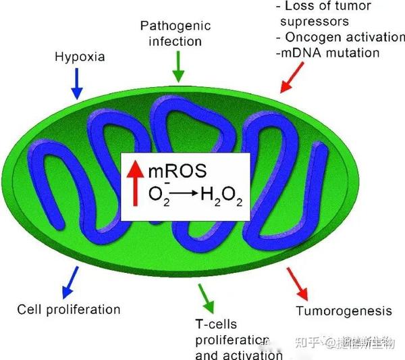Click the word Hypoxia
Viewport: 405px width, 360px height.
pos(80,57)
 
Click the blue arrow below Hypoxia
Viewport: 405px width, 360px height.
pos(77,84)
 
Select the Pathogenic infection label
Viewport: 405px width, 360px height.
pos(175,33)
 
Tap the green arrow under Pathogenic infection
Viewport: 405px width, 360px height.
pos(178,67)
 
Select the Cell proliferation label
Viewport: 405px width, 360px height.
pos(69,310)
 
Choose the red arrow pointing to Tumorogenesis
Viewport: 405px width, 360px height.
pos(297,284)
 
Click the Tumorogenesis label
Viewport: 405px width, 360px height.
pos(344,311)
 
